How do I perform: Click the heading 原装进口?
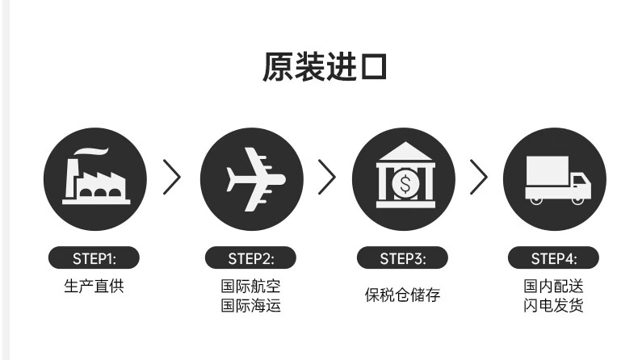click(325, 67)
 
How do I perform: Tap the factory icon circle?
click(94, 178)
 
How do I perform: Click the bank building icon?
click(405, 178)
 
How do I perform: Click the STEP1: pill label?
click(94, 258)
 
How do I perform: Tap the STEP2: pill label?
click(251, 258)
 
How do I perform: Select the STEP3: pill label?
click(403, 258)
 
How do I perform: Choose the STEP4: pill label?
click(554, 258)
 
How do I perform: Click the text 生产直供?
click(94, 287)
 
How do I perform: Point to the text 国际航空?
click(251, 287)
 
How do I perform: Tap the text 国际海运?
click(251, 306)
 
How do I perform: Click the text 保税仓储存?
click(403, 295)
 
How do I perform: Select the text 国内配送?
click(554, 287)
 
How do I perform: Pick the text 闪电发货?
click(554, 306)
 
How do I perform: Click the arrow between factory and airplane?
click(172, 178)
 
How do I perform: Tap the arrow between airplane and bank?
click(326, 178)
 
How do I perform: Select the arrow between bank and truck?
click(479, 178)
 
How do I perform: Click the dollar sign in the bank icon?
click(405, 184)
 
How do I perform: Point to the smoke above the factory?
click(90, 152)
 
